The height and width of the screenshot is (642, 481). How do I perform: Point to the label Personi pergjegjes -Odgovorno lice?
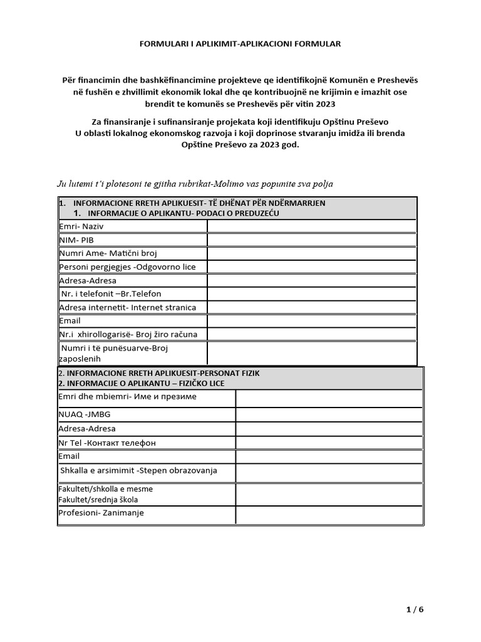(127, 267)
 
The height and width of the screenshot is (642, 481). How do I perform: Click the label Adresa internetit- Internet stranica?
(127, 307)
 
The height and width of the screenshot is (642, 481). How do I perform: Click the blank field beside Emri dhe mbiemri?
(329, 398)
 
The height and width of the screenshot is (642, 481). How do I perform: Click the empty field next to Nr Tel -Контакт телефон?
(329, 443)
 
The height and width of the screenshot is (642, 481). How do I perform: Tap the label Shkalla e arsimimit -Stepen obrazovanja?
(138, 470)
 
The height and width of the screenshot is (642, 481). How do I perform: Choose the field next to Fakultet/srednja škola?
(329, 495)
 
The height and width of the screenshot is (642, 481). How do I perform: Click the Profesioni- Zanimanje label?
(101, 513)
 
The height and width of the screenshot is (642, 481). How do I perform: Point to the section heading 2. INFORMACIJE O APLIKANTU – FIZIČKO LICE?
(141, 383)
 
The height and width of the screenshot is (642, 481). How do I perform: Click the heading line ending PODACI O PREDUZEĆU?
(185, 213)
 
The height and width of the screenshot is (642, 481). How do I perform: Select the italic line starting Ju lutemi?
(195, 184)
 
